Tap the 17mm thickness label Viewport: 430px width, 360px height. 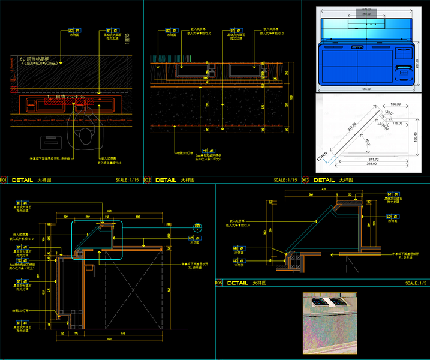tap(323, 157)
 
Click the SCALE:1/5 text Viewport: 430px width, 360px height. tap(416, 283)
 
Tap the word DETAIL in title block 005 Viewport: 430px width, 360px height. tap(237, 283)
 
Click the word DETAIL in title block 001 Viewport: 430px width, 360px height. tap(23, 179)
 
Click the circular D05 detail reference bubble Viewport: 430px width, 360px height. tap(197, 226)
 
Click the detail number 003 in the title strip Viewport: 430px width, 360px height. tap(305, 180)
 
